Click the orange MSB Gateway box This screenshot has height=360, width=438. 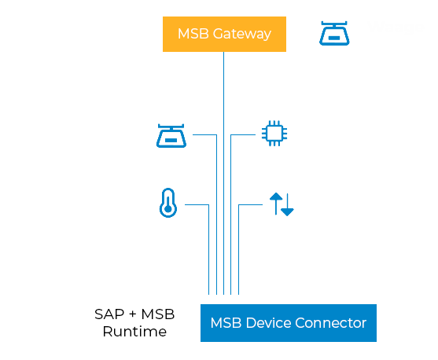(x=224, y=34)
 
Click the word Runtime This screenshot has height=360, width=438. (x=134, y=332)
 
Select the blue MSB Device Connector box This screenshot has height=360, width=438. (x=288, y=323)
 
